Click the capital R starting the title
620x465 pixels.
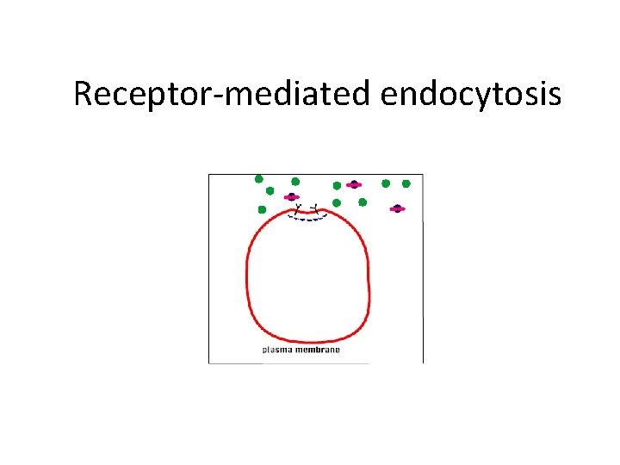84,93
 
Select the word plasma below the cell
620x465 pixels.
278,350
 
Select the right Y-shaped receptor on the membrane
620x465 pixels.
314,208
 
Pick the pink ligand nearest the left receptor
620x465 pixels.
292,197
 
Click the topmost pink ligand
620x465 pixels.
353,184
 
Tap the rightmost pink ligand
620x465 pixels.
397,208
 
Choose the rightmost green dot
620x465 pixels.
406,183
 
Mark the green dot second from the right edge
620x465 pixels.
386,183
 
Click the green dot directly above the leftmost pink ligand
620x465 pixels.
295,182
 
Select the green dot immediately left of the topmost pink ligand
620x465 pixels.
337,185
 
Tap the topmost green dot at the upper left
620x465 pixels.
258,179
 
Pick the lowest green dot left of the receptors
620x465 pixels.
262,209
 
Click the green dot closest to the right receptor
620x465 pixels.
337,203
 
